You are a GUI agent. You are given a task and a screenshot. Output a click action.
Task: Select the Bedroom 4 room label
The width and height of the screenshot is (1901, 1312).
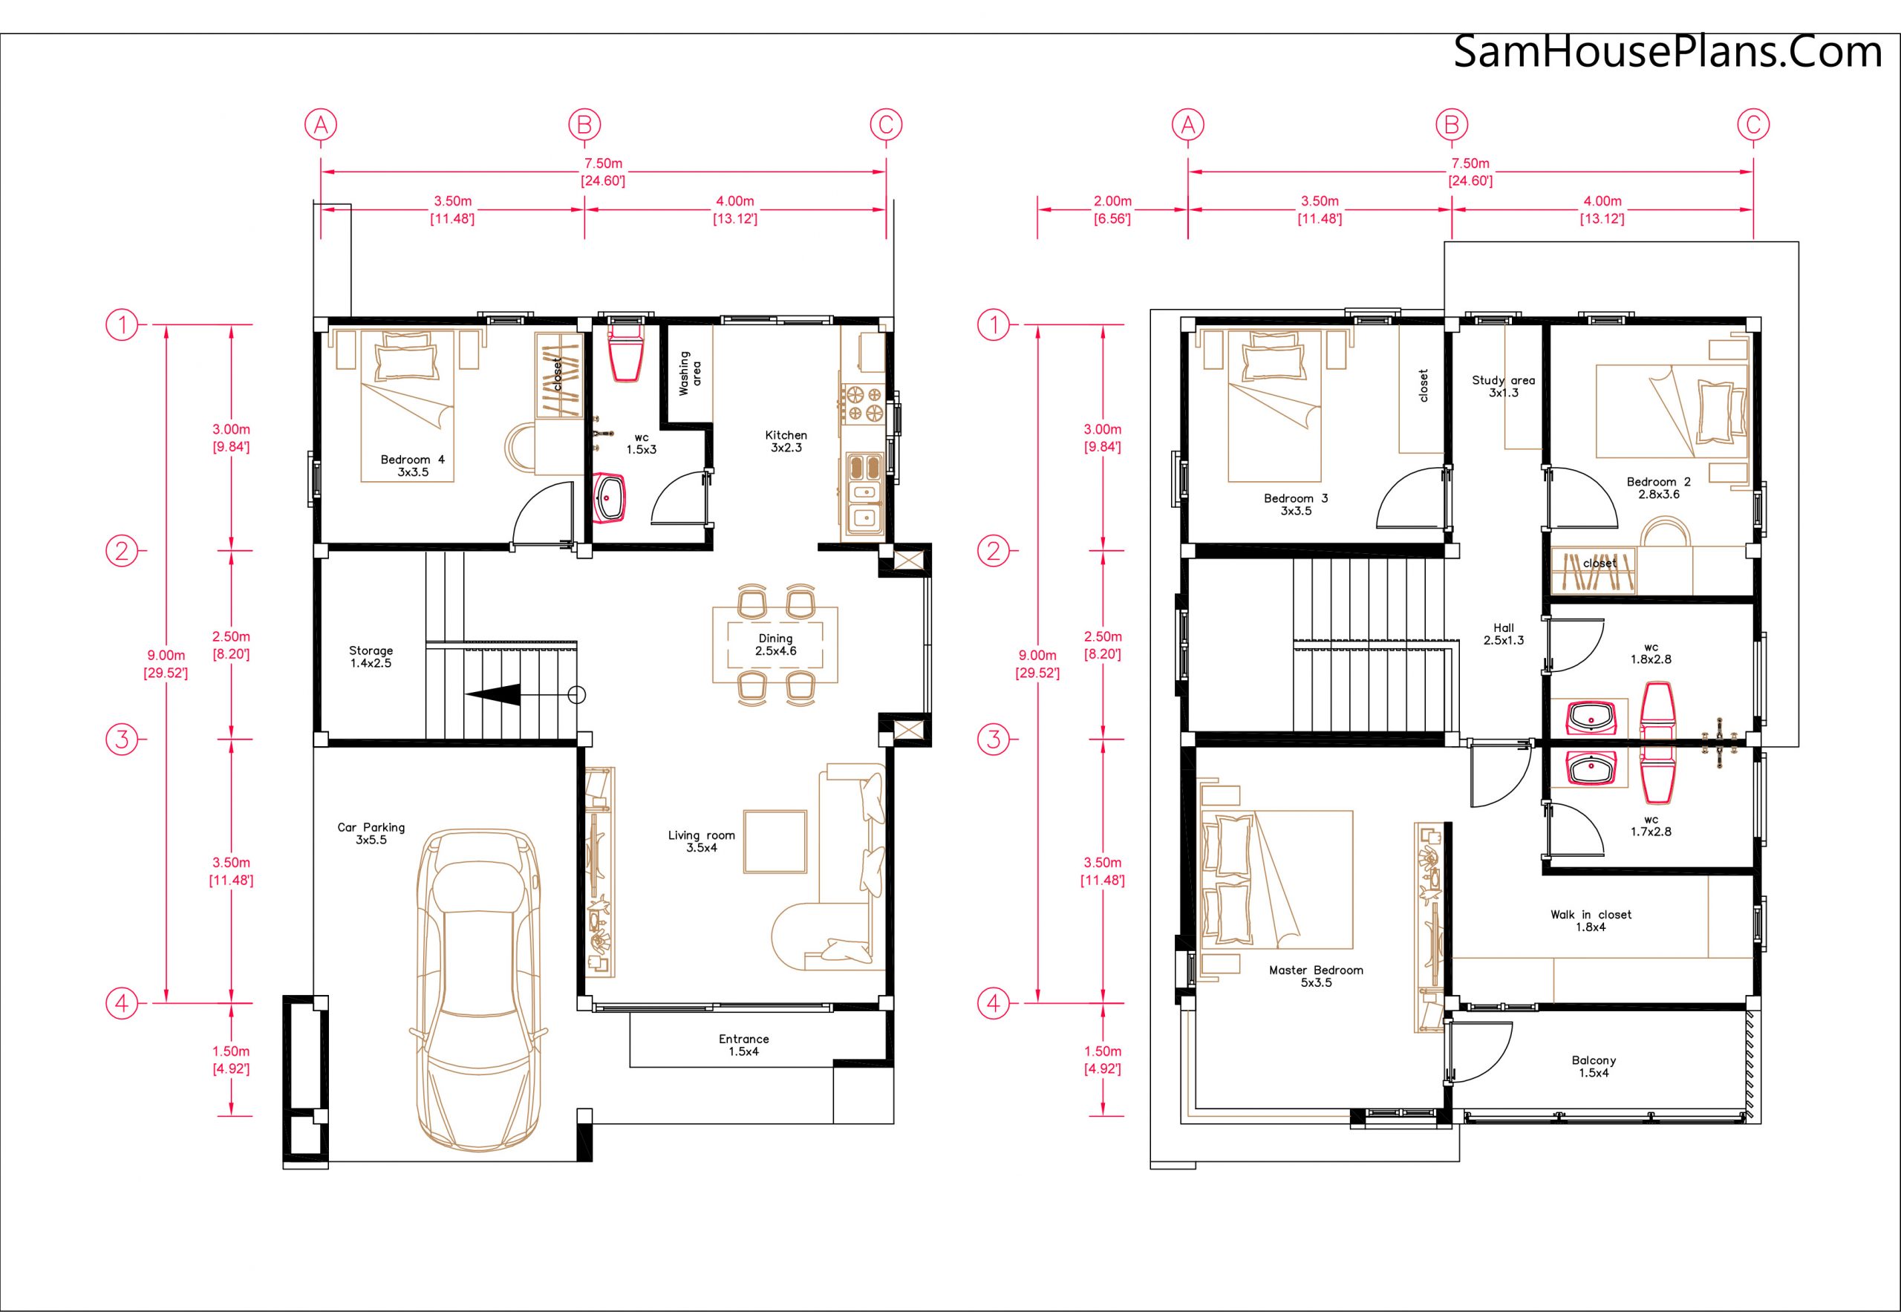click(413, 466)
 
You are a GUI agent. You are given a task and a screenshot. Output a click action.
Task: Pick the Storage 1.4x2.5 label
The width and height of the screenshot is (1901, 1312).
click(371, 657)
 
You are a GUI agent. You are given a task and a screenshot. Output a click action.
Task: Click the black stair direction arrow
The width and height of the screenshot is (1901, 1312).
click(492, 695)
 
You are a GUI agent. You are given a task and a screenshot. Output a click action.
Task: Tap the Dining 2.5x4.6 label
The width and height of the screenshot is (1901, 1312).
click(775, 644)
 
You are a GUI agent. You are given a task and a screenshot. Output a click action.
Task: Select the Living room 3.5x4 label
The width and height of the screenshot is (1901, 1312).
click(701, 841)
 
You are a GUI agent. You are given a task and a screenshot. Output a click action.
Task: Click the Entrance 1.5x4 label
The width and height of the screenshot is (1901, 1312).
click(744, 1045)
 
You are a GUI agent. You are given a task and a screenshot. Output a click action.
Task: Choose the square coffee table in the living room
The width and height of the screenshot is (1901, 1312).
click(775, 841)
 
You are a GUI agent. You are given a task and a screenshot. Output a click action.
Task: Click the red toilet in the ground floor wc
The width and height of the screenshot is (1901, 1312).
click(627, 353)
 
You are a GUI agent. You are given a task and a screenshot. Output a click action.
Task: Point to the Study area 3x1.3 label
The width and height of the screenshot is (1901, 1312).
click(1503, 386)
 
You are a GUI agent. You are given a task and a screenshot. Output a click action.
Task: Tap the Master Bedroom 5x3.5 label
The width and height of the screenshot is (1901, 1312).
click(1316, 976)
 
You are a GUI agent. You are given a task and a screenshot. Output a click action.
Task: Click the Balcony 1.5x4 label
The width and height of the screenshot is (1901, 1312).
click(1594, 1066)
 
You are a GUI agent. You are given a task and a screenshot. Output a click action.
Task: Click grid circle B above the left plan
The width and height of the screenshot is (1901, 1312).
click(584, 125)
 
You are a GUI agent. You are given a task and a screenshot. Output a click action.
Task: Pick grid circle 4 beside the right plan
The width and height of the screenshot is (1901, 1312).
click(994, 1003)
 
